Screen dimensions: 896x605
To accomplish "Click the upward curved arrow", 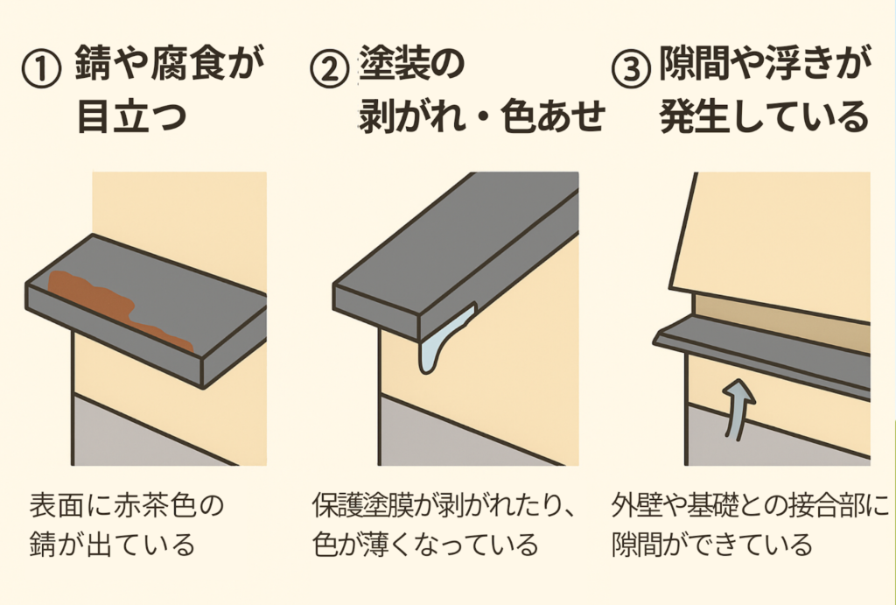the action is [x=737, y=409].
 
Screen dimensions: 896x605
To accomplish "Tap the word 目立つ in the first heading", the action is [x=132, y=116].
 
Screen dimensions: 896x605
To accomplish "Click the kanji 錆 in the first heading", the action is [x=93, y=63].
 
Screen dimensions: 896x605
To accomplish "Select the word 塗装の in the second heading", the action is [x=411, y=63].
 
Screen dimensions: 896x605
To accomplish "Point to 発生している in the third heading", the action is [x=765, y=116].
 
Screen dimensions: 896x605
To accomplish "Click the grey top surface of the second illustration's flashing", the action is [x=457, y=240].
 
